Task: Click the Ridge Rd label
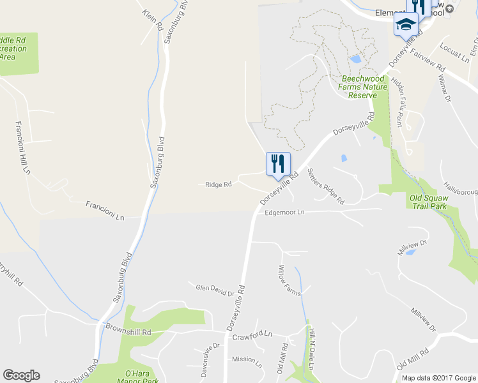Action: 218,185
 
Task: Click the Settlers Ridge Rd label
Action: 325,185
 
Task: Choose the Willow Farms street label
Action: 289,281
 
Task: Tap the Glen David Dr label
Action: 215,290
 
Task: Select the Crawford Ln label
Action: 252,334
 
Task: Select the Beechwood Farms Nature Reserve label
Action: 363,87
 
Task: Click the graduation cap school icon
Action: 405,25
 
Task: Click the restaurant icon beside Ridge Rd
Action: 277,163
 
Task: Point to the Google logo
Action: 21,375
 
